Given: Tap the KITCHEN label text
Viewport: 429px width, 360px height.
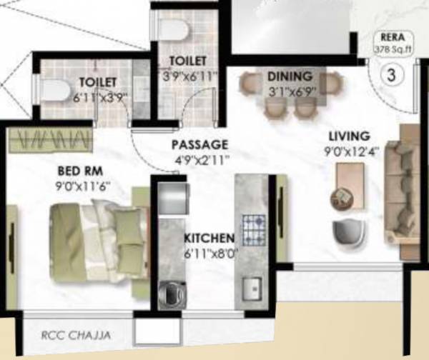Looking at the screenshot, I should pyautogui.click(x=209, y=238).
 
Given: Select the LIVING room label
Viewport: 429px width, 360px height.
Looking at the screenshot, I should pyautogui.click(x=348, y=136).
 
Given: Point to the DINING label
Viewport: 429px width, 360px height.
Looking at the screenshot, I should pyautogui.click(x=290, y=76).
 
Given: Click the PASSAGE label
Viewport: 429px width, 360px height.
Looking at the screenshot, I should pyautogui.click(x=199, y=145).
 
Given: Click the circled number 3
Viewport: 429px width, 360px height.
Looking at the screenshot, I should pyautogui.click(x=391, y=73).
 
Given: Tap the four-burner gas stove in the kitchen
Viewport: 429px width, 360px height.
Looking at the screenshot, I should pyautogui.click(x=254, y=229).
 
